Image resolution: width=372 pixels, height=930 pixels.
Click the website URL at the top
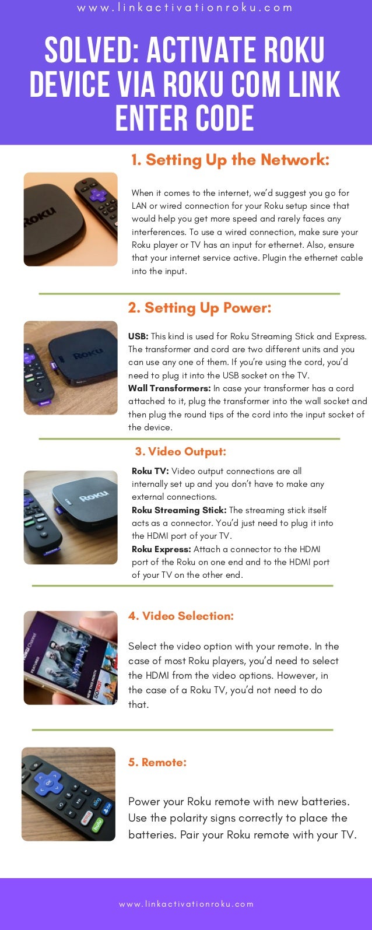[x=185, y=8]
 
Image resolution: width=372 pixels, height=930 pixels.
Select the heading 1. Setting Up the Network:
[x=230, y=160]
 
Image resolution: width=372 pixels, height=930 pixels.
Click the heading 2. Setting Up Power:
[x=199, y=308]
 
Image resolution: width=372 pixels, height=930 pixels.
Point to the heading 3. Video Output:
[x=181, y=451]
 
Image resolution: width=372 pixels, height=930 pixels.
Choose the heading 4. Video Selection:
[x=181, y=616]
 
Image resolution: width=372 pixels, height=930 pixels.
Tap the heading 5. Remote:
[x=157, y=762]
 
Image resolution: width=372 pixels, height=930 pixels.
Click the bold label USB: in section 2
[x=138, y=336]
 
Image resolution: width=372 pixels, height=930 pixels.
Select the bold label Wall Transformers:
[x=170, y=388]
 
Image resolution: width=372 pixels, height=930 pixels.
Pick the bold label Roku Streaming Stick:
[x=179, y=510]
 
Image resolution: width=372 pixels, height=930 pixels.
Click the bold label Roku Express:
[x=161, y=549]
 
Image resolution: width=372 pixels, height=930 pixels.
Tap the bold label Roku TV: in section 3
[x=150, y=471]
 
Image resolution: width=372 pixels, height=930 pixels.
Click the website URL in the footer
[x=186, y=904]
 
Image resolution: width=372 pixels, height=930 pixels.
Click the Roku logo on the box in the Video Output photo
[x=94, y=495]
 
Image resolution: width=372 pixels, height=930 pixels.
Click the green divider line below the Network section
[x=189, y=293]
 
